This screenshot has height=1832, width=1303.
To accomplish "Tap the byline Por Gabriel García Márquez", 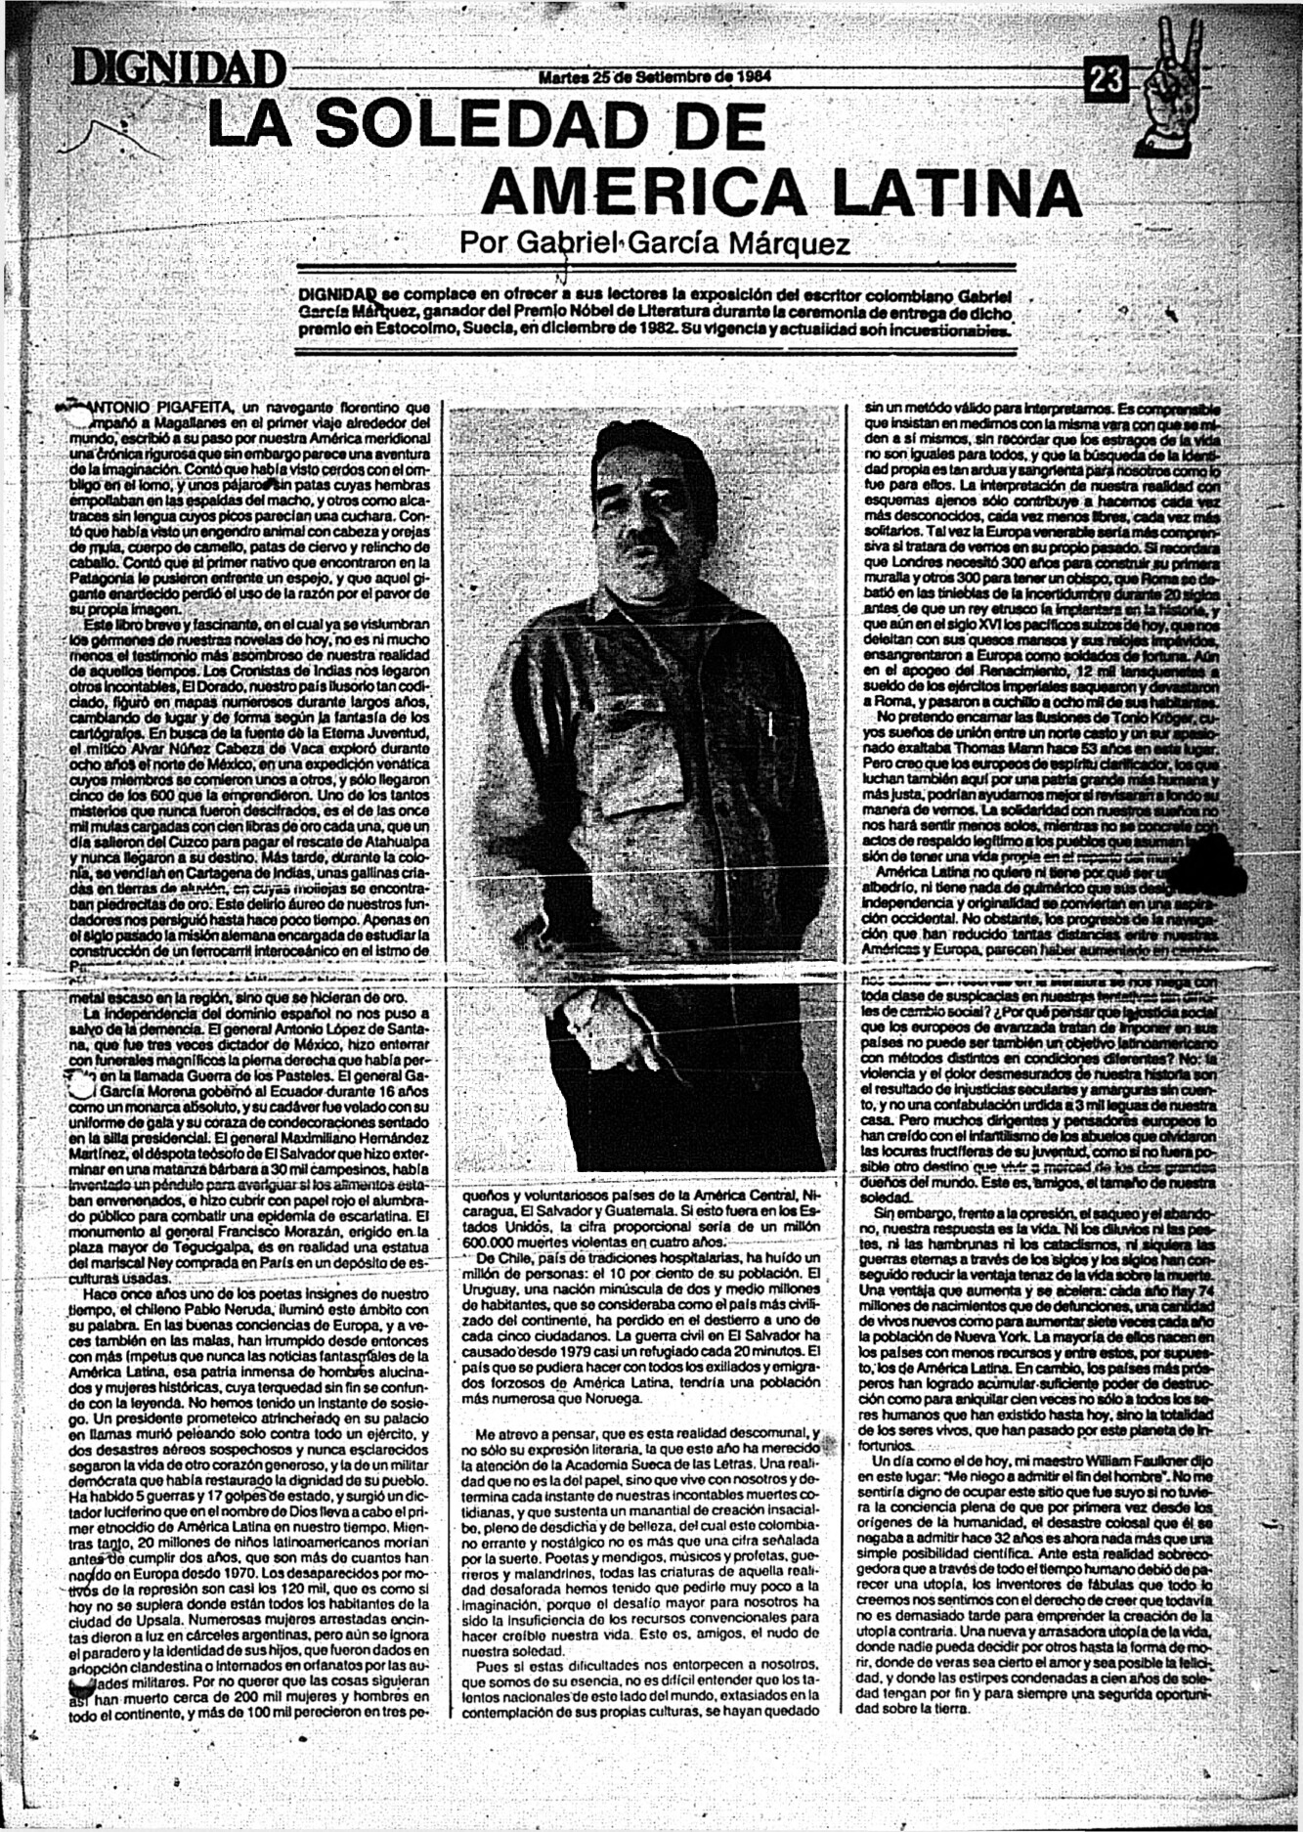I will pyautogui.click(x=654, y=242).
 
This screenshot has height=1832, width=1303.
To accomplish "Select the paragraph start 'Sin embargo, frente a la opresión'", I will pyautogui.click(x=938, y=1213).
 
